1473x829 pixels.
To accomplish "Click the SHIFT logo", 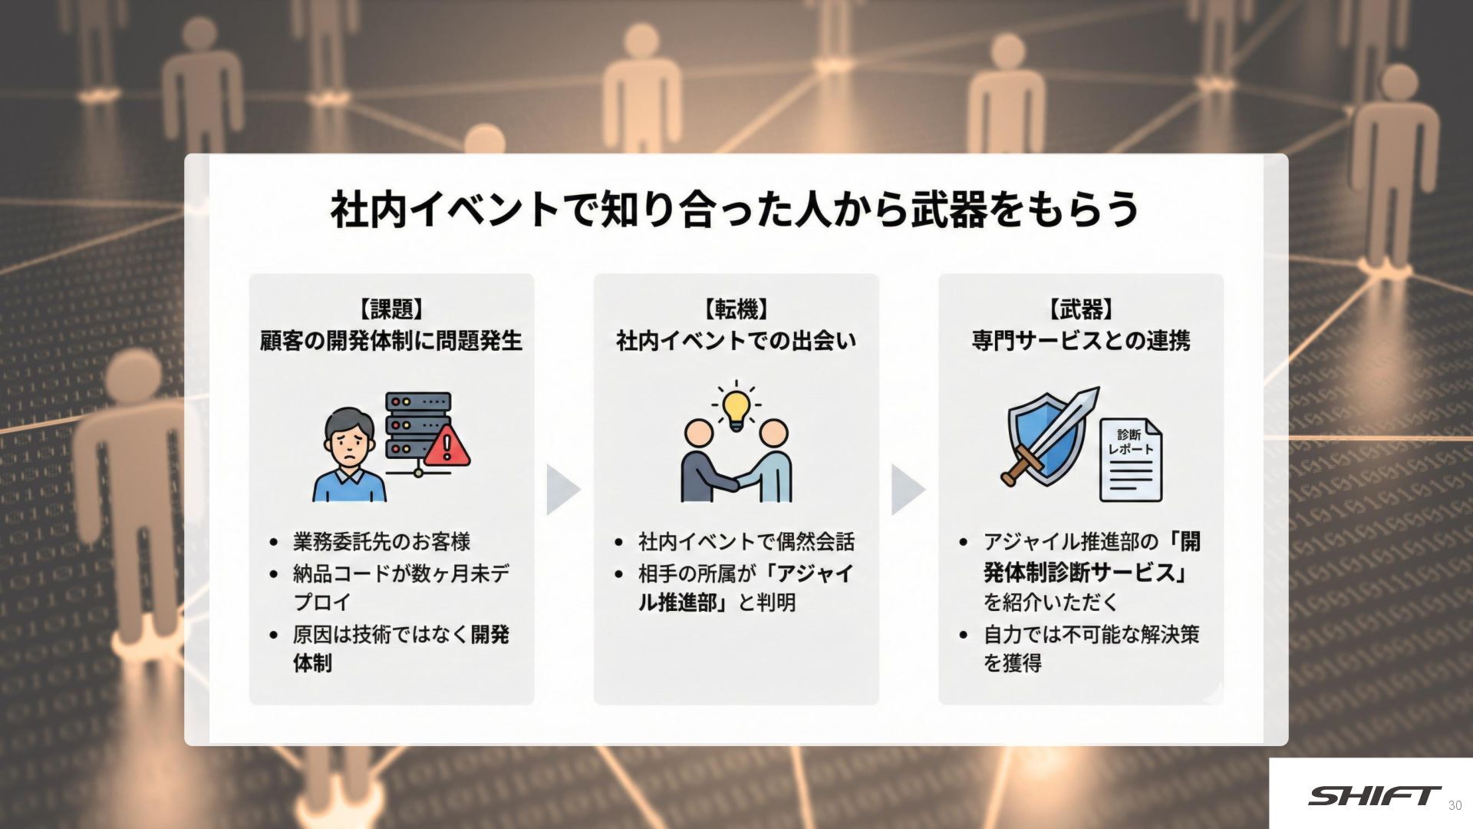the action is pos(1373,796).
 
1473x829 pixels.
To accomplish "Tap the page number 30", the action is pos(1455,805).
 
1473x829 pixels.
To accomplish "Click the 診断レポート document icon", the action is pos(1131,460).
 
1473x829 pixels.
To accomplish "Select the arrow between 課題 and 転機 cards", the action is pos(562,489).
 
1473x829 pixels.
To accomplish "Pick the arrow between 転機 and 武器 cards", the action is pos(908,489).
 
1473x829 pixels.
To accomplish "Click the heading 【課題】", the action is pos(391,309).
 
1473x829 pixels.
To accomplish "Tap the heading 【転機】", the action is pos(736,309).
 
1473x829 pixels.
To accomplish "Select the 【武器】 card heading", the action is pos(1080,309).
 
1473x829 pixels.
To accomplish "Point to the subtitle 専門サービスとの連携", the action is pos(1080,340).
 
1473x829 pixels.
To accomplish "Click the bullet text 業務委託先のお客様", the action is pos(381,542).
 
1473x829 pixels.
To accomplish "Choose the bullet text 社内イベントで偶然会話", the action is pos(746,542).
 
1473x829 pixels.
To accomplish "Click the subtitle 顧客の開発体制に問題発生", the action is pos(391,340).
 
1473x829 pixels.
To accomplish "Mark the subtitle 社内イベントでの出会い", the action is pos(736,340).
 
